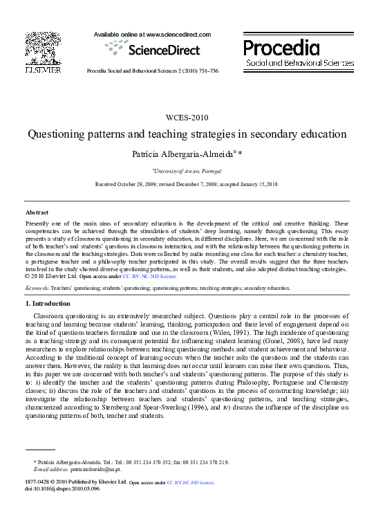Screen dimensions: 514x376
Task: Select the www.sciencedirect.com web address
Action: click(172, 33)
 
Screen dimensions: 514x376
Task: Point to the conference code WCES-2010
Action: click(187, 117)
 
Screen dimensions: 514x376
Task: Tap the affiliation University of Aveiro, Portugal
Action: click(187, 169)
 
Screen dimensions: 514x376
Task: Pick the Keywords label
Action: click(37, 306)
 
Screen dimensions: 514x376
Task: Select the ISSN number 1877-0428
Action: click(38, 481)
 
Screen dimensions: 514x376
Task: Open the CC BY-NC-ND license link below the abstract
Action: click(149, 295)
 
